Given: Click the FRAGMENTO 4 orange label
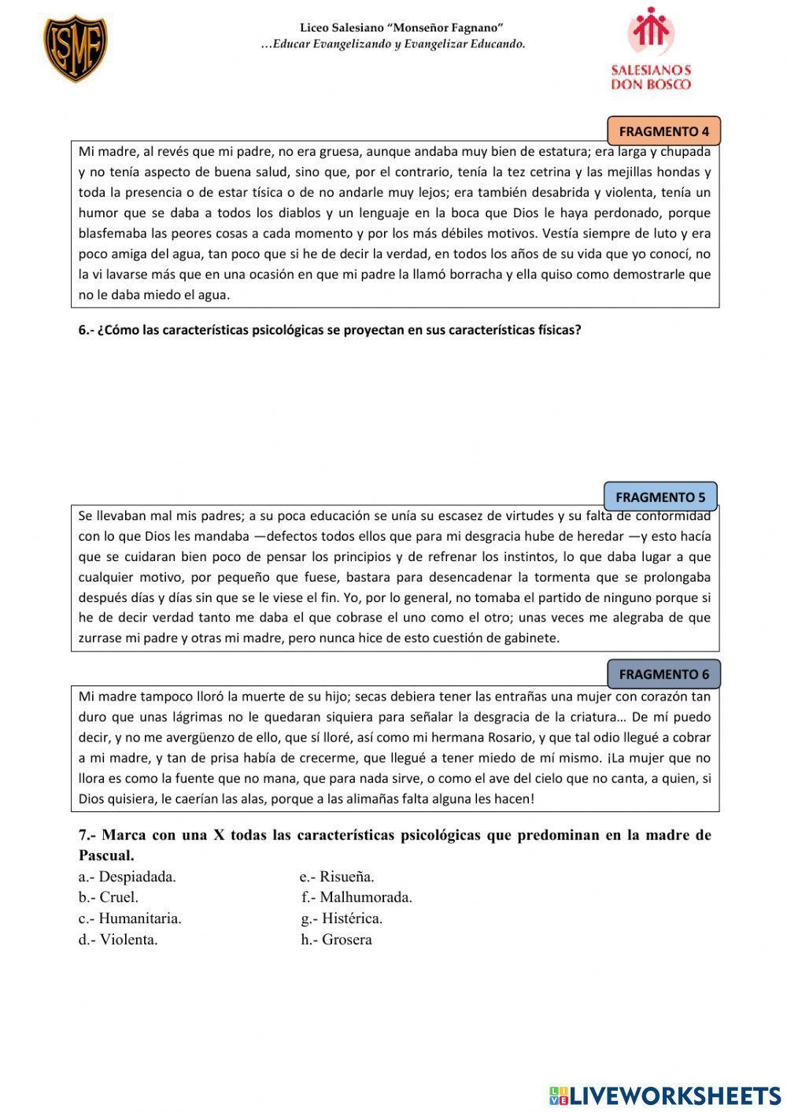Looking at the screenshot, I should coord(663,131).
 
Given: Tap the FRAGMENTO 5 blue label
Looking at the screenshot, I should coord(660,497).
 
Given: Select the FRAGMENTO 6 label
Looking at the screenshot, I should coord(663,674).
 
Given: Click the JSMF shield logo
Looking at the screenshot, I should coord(75,49).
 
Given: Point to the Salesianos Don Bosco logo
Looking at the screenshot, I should coord(651,49).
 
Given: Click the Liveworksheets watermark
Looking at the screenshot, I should coord(665,1095).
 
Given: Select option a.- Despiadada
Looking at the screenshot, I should coord(127,877).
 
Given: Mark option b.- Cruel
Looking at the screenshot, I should coord(109,897).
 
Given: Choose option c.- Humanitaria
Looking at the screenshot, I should coord(130,918).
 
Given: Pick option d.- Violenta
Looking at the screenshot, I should coord(118,940).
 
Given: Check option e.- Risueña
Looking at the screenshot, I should coord(337,877).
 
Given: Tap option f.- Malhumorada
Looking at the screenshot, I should coord(357,897).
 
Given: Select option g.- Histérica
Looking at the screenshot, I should coord(342,918).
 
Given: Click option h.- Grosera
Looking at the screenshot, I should coord(336,940).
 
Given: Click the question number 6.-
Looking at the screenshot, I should coord(86,331).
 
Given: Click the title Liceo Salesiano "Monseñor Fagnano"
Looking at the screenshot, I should coord(401,28).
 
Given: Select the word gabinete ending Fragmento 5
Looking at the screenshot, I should coord(534,638).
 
